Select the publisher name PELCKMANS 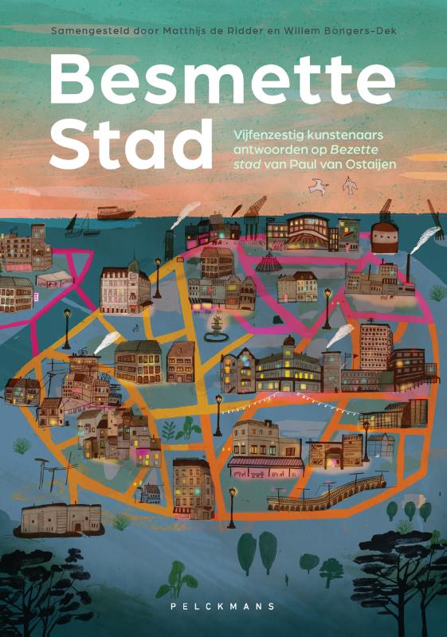224,606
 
